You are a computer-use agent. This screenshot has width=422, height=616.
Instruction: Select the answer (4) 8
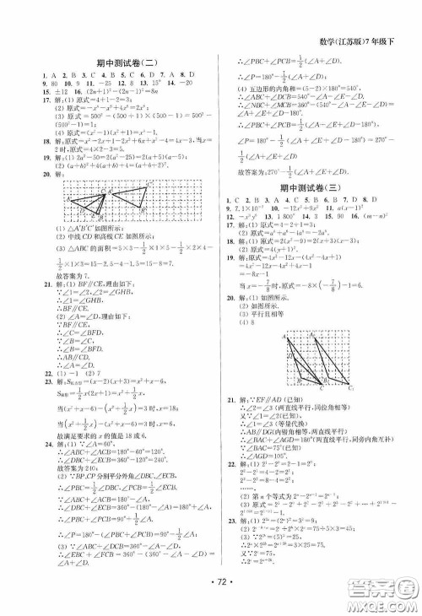click(x=246, y=322)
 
